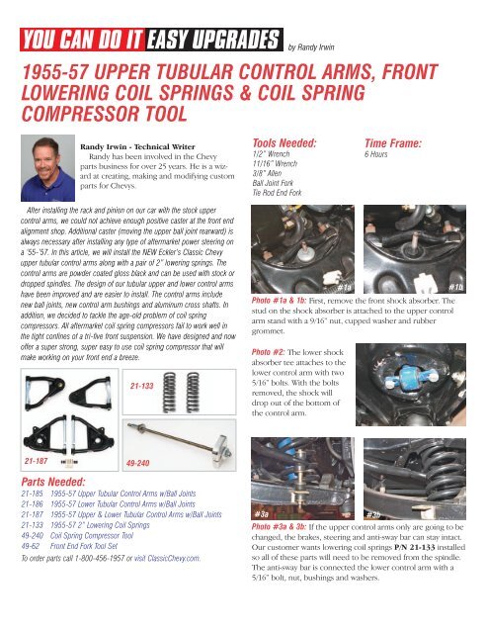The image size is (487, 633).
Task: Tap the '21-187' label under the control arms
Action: click(x=35, y=459)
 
